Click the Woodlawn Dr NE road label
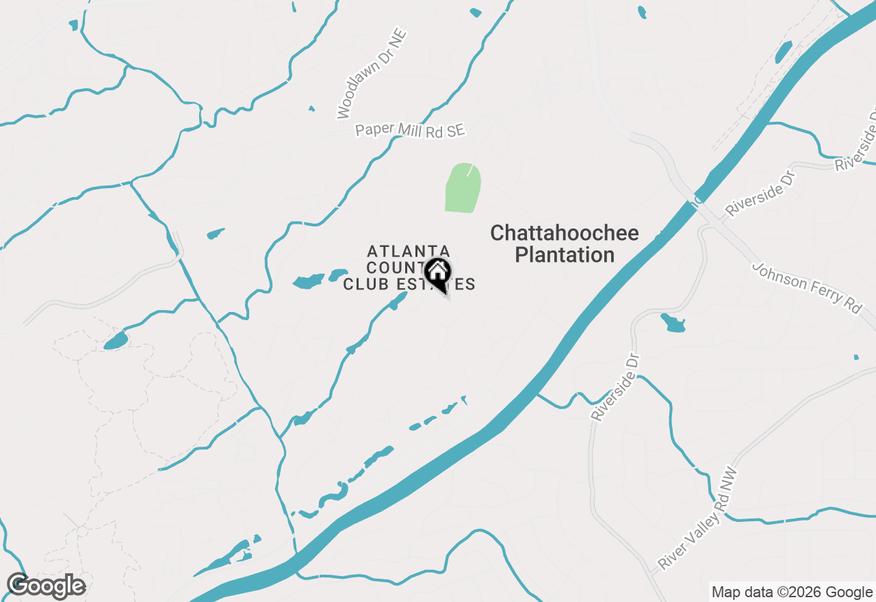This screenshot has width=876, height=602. pos(372,74)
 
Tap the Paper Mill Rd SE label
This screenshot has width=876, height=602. pos(409,131)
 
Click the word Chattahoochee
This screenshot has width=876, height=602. pos(565,233)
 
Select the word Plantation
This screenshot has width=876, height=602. pos(565,255)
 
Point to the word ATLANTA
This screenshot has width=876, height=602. pos(409,251)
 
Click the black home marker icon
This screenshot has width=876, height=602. pos(438,272)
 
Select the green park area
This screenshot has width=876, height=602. pos(463,188)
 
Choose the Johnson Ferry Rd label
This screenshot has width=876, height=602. pos(807,288)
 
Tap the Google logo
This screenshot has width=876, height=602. pos(46,586)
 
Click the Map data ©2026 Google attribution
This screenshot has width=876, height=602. pos(792,592)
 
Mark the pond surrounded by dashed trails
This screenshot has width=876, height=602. pos(116,341)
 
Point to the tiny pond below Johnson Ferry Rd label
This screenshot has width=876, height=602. pos(856,357)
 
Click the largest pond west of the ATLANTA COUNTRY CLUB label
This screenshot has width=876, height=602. pos(308,281)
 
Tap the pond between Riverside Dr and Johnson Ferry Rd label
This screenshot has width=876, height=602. pos(673,323)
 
